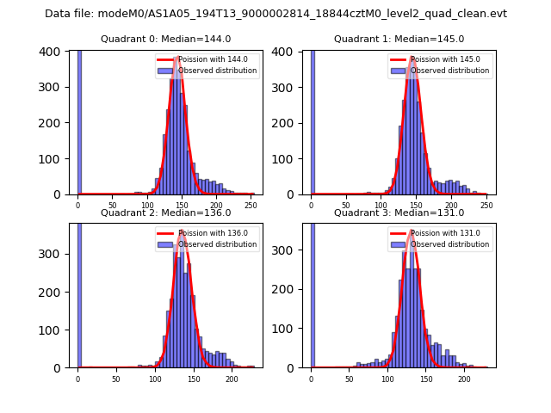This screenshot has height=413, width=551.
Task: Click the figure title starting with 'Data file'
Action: click(x=275, y=14)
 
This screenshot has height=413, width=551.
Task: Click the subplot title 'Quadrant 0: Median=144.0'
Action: click(x=165, y=39)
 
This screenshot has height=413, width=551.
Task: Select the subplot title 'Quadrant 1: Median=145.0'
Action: click(x=399, y=39)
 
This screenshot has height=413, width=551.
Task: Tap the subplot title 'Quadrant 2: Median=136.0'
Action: click(x=165, y=213)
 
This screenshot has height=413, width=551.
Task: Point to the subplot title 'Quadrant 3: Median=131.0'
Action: click(x=399, y=213)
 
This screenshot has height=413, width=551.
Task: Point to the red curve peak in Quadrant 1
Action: click(x=413, y=58)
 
